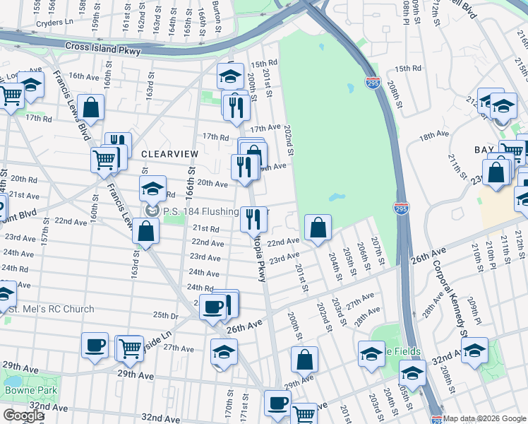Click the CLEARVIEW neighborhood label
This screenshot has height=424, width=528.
pyautogui.click(x=167, y=153)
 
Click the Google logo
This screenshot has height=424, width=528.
pyautogui.click(x=23, y=415)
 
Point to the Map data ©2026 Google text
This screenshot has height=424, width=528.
pyautogui.click(x=484, y=418)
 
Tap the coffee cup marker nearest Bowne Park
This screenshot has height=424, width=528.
pyautogui.click(x=95, y=345)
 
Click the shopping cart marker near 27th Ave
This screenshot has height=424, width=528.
pyautogui.click(x=129, y=347)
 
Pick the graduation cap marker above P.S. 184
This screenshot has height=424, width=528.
pyautogui.click(x=152, y=189)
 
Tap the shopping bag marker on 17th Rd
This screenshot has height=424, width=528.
pyautogui.click(x=91, y=108)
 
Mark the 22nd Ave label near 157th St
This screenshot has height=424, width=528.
pyautogui.click(x=71, y=221)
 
